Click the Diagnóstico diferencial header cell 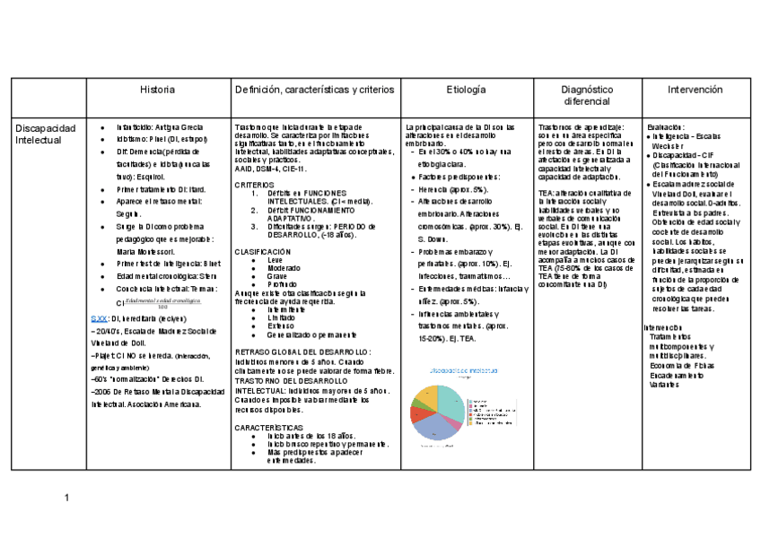[x=587, y=96]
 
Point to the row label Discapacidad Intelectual [x=46, y=134]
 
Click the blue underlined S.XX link [x=101, y=318]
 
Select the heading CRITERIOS [x=255, y=184]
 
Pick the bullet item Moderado [x=284, y=268]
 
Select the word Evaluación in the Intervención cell [x=666, y=128]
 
